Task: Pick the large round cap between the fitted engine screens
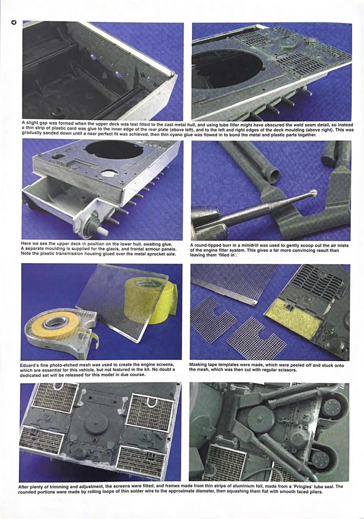96,424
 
